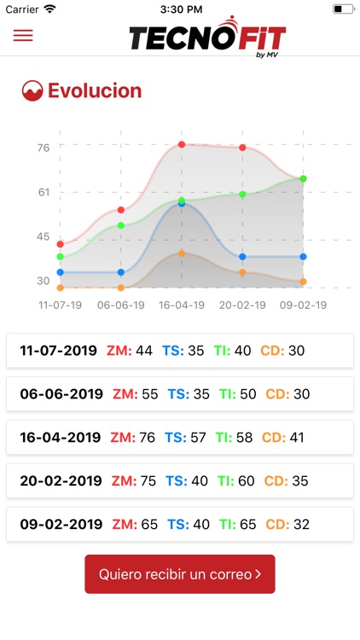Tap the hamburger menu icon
tap(23, 36)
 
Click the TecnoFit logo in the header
tap(207, 37)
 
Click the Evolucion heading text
tap(95, 91)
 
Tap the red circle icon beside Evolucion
tap(32, 91)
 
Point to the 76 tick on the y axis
tap(44, 148)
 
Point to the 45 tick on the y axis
tap(44, 236)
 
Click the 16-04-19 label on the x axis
tap(182, 305)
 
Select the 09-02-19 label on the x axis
tap(304, 305)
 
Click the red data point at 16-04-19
tap(182, 145)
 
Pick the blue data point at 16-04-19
tap(182, 204)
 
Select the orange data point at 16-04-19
tap(182, 253)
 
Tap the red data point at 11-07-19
tap(61, 244)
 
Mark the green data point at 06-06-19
tap(121, 225)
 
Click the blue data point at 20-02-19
tap(243, 257)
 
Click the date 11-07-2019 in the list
tap(59, 350)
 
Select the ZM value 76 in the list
tap(148, 438)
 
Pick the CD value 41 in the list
tap(295, 438)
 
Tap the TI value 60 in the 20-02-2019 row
tap(247, 481)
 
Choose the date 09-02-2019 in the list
tap(61, 525)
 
